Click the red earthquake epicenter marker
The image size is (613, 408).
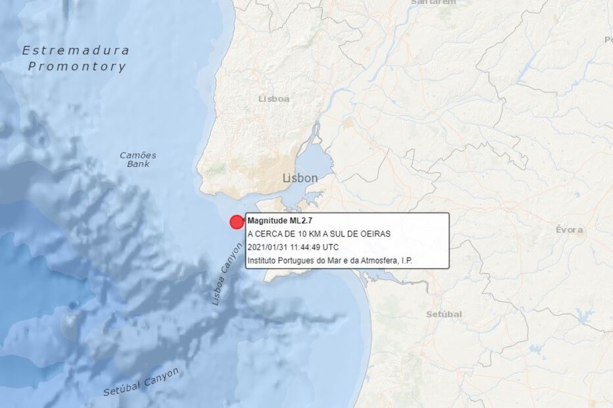(237, 222)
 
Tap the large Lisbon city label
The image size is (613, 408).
(300, 178)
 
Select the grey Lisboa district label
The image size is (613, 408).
(274, 99)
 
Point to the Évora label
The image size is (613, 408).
(569, 229)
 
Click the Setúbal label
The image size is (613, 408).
(443, 314)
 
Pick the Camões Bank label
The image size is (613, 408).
(138, 159)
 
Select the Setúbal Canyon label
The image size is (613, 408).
(141, 382)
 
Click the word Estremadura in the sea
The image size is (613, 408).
(76, 51)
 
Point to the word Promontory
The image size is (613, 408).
(77, 66)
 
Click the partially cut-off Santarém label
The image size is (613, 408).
(433, 3)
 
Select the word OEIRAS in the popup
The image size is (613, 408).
(376, 234)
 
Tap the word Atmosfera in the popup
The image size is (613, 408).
(382, 261)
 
